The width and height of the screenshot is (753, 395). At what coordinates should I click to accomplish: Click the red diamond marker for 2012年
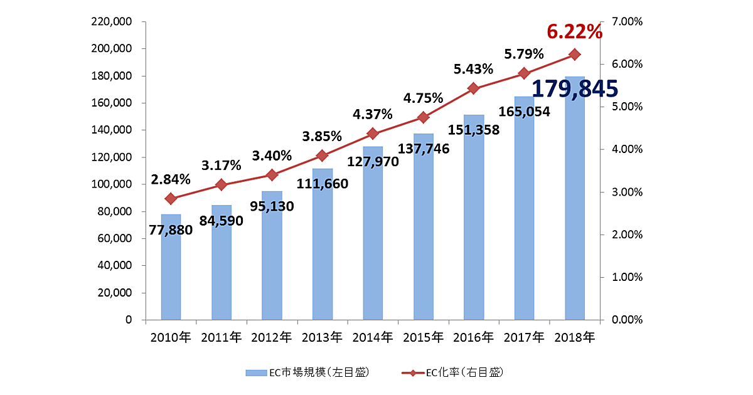(272, 175)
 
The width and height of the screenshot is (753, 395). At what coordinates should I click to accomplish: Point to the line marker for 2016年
(473, 88)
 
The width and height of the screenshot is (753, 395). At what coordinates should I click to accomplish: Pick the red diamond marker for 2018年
(574, 55)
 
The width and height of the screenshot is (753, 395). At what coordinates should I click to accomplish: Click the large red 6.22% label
(574, 31)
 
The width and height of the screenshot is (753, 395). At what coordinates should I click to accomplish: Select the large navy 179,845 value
(575, 89)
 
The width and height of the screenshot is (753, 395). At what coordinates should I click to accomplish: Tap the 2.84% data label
(171, 179)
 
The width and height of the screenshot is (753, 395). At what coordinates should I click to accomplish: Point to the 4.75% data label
(423, 98)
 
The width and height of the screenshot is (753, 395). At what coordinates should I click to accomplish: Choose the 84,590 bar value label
(222, 221)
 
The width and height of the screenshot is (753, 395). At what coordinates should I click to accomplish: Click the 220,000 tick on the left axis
(113, 22)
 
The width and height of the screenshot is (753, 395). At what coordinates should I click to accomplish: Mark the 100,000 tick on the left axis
(113, 184)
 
